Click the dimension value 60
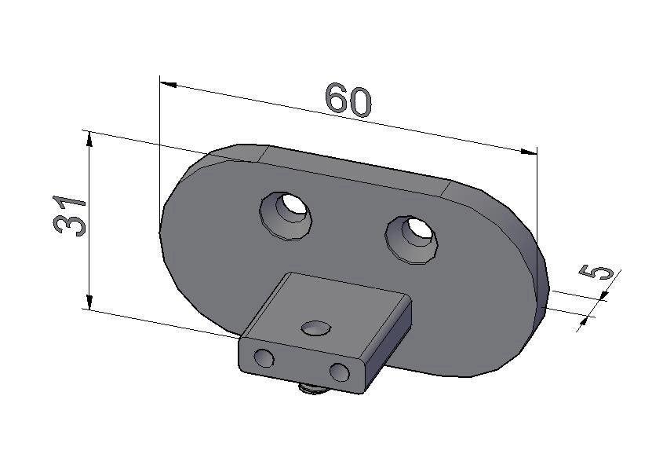pyautogui.click(x=348, y=101)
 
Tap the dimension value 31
pyautogui.click(x=69, y=215)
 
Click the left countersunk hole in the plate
pyautogui.click(x=286, y=215)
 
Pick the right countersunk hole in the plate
pyautogui.click(x=411, y=240)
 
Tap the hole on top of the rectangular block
pyautogui.click(x=316, y=328)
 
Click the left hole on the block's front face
pyautogui.click(x=264, y=357)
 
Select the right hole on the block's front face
pyautogui.click(x=340, y=372)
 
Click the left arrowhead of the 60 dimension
pyautogui.click(x=168, y=84)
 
